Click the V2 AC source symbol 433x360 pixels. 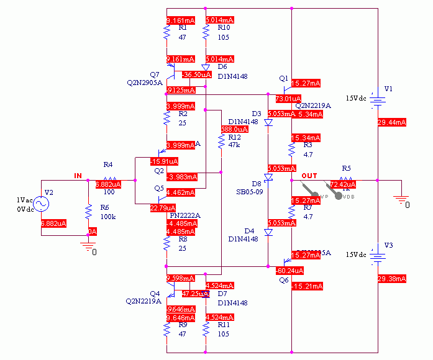point(42,204)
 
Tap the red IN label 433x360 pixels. point(78,176)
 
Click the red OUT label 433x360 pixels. point(309,176)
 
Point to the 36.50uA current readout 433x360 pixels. point(196,74)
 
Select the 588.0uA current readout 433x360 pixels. point(235,129)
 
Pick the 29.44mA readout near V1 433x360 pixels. point(391,122)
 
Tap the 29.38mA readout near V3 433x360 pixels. point(391,277)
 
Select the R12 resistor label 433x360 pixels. point(234,137)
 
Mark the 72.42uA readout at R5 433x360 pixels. point(343,184)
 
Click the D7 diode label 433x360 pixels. point(222,293)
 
